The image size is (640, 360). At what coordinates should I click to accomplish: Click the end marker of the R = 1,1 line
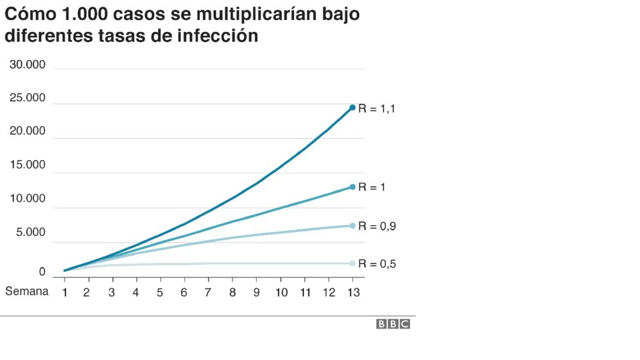coord(352,107)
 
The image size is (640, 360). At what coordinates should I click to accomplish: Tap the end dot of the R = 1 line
coord(352,187)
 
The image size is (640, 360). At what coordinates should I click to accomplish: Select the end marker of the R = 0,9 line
coord(352,226)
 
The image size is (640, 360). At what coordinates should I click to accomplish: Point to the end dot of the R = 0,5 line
coord(352,263)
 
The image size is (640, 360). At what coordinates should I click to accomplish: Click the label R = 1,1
coord(377,109)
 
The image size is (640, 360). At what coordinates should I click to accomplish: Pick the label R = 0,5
coord(377,264)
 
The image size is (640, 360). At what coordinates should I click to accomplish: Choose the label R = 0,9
coord(377,227)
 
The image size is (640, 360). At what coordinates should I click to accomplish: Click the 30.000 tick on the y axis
coord(27,65)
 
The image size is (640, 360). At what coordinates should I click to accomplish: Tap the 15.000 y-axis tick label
coord(27,165)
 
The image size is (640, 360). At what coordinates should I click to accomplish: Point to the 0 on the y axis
coord(41,272)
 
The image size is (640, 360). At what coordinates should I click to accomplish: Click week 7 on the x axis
coord(208,292)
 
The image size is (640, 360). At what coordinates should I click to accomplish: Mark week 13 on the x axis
coord(353,292)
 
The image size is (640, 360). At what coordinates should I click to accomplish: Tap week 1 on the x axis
coord(65,292)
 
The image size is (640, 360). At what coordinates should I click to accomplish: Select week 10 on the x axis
coord(281,292)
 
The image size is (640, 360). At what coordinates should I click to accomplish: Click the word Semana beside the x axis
coord(27,291)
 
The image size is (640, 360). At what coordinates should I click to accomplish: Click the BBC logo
coord(393,324)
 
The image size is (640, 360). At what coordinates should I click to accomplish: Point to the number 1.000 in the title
coord(85,14)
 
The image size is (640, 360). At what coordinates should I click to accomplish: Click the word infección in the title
coord(217,36)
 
